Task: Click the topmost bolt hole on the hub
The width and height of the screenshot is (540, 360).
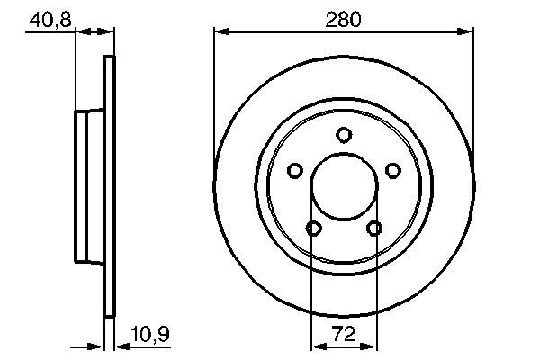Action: (x=343, y=135)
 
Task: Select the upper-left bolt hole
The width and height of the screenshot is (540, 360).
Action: (x=293, y=170)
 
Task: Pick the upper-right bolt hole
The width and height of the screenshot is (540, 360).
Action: (x=392, y=170)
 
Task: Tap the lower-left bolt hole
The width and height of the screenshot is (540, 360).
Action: (x=312, y=229)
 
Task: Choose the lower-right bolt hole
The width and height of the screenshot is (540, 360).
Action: (x=373, y=229)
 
